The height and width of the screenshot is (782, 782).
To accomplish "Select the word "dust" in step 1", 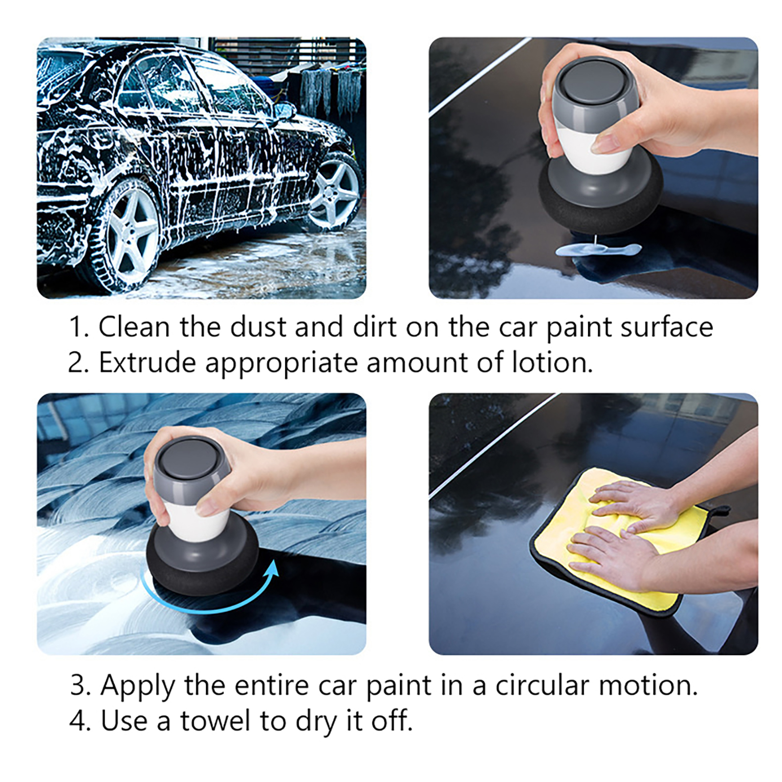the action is (x=258, y=326).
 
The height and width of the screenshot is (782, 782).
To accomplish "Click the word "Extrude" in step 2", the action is (x=147, y=363).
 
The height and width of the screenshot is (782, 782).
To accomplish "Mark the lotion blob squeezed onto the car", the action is (x=598, y=249).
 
